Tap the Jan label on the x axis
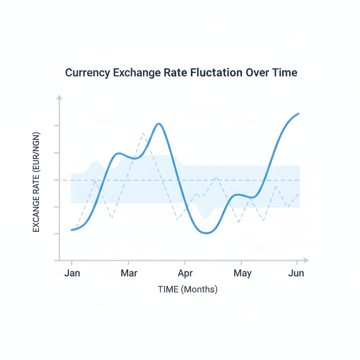click(x=72, y=273)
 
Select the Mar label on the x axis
click(x=129, y=273)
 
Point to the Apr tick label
click(x=185, y=273)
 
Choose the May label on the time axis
click(x=242, y=273)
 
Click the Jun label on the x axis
click(x=296, y=273)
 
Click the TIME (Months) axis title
click(x=187, y=289)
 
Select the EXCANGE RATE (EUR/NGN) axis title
click(x=36, y=182)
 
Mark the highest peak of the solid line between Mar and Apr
click(x=159, y=124)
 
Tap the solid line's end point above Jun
click(x=298, y=114)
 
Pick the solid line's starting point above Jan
click(x=72, y=230)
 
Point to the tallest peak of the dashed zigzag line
click(x=143, y=133)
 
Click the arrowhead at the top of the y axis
click(x=59, y=97)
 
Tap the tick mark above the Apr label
click(x=185, y=262)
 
